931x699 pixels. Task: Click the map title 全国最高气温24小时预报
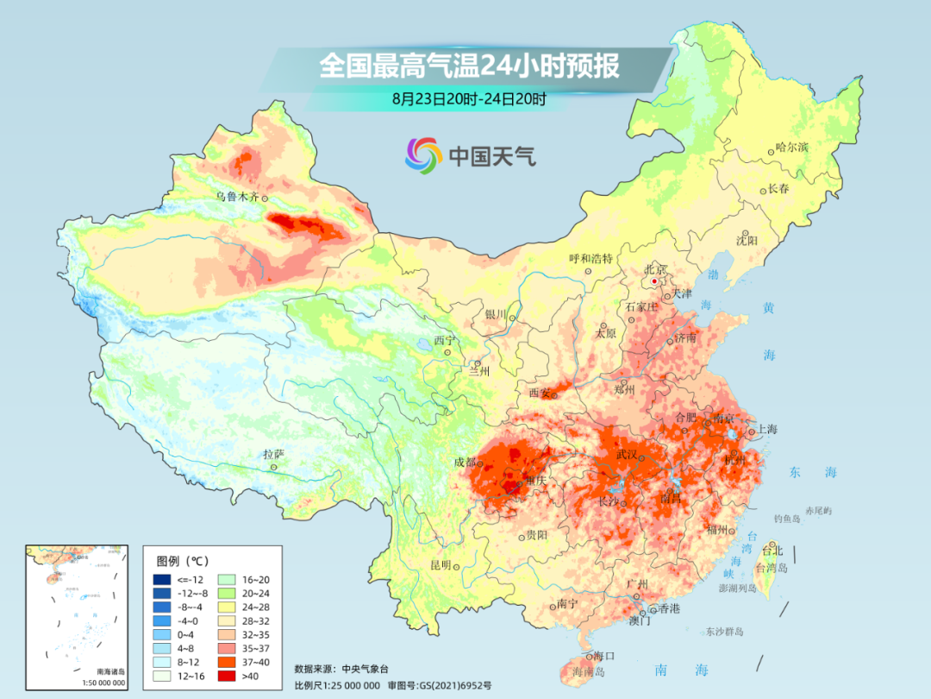coord(469,66)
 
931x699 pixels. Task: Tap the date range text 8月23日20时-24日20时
coord(469,99)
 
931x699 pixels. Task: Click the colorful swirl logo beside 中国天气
coord(423,155)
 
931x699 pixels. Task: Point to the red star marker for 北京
coord(655,281)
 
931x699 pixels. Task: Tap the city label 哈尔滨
coord(792,148)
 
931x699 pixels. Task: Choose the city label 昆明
coord(441,564)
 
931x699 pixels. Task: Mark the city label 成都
coord(465,462)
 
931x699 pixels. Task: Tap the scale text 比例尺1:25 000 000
coord(336,684)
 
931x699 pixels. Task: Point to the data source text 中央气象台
coord(366,668)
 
